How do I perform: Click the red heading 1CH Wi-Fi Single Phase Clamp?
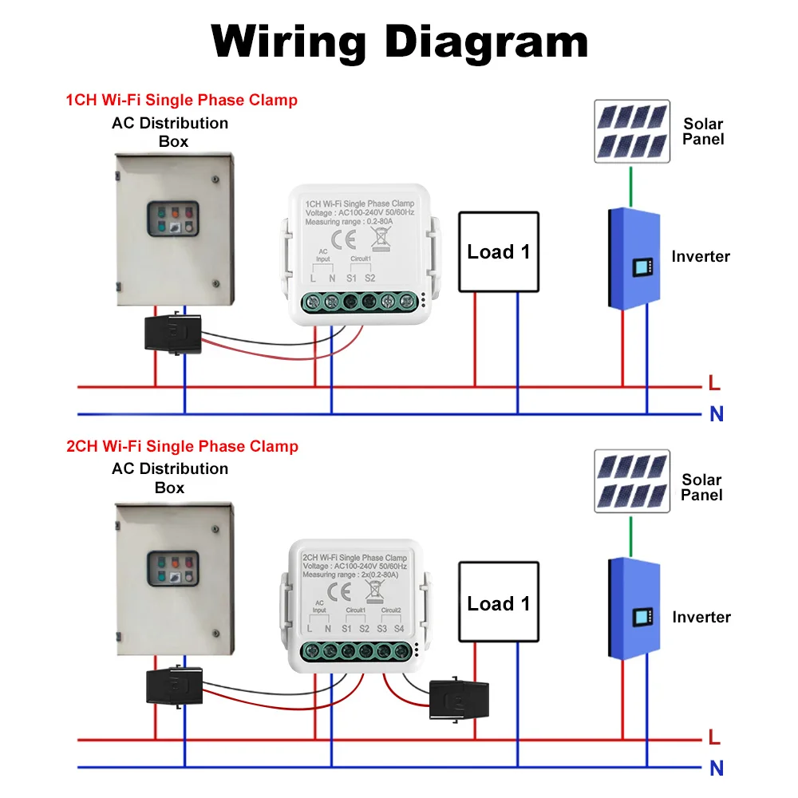click(x=181, y=101)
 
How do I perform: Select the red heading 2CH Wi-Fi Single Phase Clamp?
click(x=181, y=446)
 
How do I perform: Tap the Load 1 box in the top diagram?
click(x=499, y=251)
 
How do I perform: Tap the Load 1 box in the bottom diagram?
click(x=499, y=603)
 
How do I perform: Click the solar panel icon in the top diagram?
click(x=631, y=131)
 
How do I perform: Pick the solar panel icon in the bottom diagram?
click(x=631, y=481)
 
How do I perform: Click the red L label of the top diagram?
click(x=714, y=384)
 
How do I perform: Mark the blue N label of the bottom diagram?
click(x=717, y=768)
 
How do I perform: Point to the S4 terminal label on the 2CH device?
click(x=400, y=629)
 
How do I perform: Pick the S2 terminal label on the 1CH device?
click(x=369, y=279)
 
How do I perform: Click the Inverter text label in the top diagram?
click(x=701, y=257)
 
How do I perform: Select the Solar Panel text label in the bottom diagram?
click(x=701, y=487)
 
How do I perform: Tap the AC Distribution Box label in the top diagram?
click(x=170, y=132)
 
